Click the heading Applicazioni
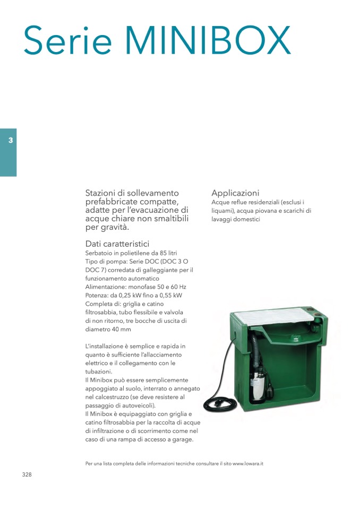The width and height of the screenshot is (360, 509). pyautogui.click(x=235, y=193)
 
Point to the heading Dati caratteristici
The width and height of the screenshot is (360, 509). pyautogui.click(x=117, y=244)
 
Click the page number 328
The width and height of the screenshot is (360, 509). pyautogui.click(x=27, y=475)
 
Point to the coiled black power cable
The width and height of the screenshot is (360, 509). pyautogui.click(x=218, y=400)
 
